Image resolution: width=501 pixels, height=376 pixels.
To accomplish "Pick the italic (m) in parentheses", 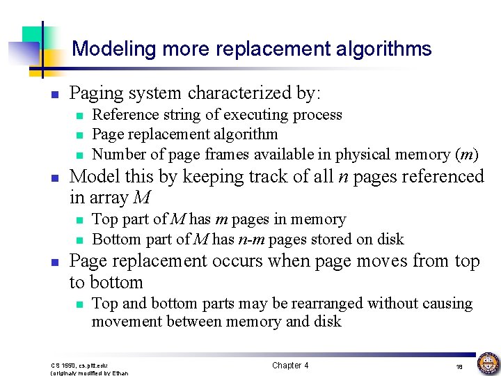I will [470, 155].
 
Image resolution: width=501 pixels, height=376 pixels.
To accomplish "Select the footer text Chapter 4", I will [290, 366].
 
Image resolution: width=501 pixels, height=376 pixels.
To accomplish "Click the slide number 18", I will [459, 366].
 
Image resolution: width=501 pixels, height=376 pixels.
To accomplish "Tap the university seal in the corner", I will [488, 363].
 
